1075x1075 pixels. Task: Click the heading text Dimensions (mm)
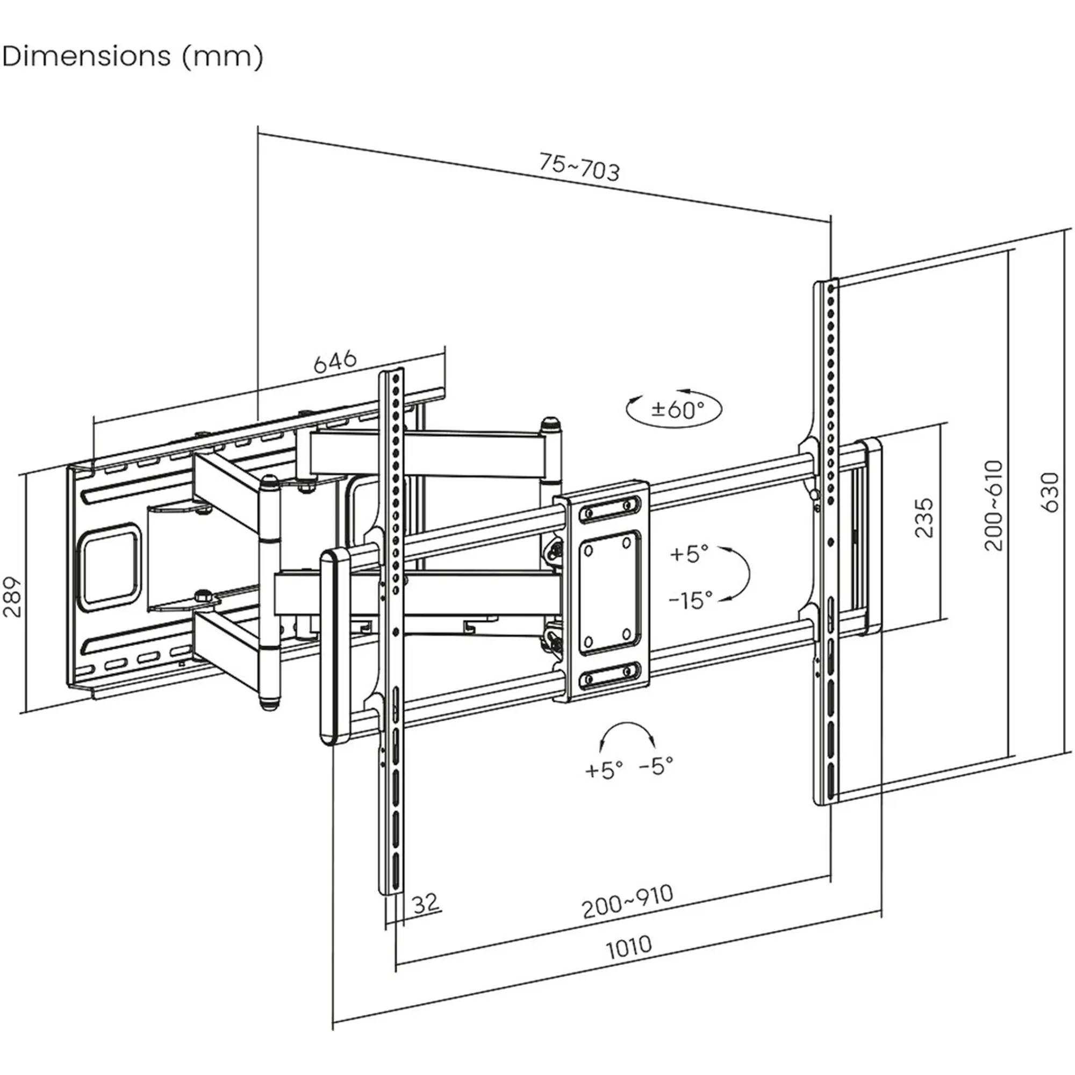[132, 56]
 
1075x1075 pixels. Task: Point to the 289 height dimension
[13, 597]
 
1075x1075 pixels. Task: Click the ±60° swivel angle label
[678, 410]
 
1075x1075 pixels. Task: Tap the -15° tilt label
[691, 600]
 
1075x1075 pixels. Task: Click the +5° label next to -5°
[604, 770]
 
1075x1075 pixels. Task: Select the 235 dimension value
[924, 518]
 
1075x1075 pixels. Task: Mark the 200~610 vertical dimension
[994, 505]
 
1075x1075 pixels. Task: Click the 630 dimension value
[1050, 492]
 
